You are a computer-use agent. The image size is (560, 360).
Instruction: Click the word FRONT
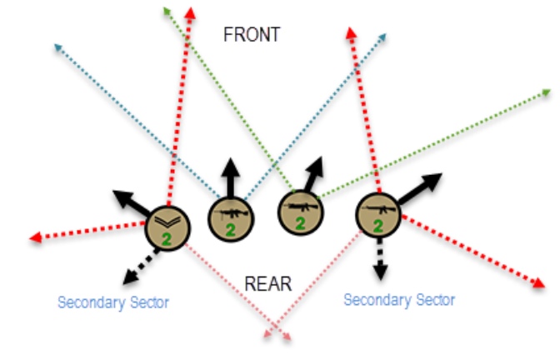tap(252, 35)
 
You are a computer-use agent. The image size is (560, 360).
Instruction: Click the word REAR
tap(268, 284)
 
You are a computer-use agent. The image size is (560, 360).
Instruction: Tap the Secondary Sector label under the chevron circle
tap(113, 302)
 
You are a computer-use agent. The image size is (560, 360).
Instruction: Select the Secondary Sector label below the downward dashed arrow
tap(399, 300)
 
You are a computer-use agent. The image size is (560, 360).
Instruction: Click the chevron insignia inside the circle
tap(167, 222)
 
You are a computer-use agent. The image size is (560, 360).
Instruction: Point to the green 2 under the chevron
tap(167, 239)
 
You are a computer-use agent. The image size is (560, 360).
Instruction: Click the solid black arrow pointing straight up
tap(230, 177)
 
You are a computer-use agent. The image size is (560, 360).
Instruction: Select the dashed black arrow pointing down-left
tap(141, 267)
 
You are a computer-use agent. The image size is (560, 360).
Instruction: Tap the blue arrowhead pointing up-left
tap(57, 47)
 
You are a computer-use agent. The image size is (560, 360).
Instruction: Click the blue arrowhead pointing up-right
tap(382, 37)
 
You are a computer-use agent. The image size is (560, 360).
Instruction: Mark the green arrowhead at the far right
tap(547, 92)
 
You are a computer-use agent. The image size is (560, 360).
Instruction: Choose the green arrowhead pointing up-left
tap(167, 10)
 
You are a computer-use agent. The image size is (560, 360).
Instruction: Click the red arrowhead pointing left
tap(36, 237)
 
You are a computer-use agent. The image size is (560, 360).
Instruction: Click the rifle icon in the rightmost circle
tap(378, 209)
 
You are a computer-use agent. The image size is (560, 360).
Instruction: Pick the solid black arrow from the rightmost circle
tap(420, 188)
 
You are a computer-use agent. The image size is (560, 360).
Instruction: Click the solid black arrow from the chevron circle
tap(132, 202)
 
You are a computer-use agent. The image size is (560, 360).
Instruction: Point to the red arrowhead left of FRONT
tap(190, 13)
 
